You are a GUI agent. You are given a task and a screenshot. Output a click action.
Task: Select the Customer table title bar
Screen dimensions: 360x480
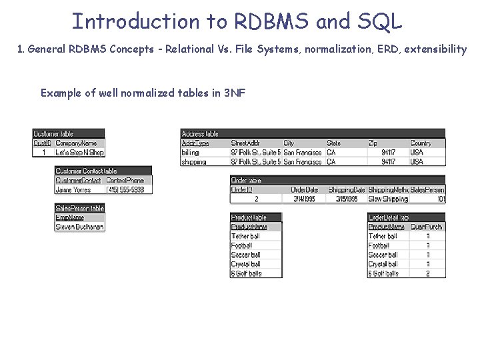point(69,133)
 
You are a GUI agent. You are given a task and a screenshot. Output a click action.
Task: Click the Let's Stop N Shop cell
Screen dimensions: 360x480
point(79,153)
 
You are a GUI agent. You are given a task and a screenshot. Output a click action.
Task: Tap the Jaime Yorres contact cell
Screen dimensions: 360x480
point(73,190)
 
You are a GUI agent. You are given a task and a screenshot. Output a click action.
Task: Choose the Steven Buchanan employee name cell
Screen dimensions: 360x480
point(79,227)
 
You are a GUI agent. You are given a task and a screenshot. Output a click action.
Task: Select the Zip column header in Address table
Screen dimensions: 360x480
point(373,143)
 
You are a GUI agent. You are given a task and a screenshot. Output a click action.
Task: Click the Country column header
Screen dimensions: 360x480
point(421,143)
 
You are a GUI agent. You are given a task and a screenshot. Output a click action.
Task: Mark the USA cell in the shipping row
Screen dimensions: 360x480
point(417,161)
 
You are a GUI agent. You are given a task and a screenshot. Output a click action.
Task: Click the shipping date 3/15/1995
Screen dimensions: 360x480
point(347,199)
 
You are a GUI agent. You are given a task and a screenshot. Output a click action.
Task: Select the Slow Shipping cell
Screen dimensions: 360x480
point(388,199)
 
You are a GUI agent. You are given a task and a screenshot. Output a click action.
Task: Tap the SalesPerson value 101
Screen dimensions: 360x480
point(441,199)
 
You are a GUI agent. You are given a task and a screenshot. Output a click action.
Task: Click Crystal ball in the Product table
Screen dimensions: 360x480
point(246,264)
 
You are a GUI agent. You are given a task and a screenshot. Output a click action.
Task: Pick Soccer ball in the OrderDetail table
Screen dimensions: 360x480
point(384,255)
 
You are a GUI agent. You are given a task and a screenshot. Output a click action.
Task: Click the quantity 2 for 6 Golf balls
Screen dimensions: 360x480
point(427,273)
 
